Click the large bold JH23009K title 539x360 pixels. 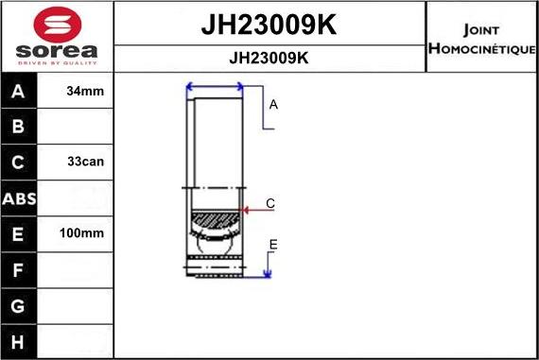(x=269, y=26)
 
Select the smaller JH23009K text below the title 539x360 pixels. (x=269, y=58)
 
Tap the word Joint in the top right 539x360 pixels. (x=482, y=27)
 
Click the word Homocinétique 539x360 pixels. (x=482, y=48)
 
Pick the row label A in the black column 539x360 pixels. (x=19, y=92)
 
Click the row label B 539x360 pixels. (x=19, y=127)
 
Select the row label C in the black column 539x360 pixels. (x=19, y=162)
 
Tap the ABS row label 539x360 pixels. (x=19, y=198)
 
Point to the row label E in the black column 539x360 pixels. (x=19, y=233)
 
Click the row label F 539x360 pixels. (x=19, y=269)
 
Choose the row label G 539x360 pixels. (x=19, y=305)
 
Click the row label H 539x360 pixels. (x=19, y=340)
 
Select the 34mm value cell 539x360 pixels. (x=86, y=92)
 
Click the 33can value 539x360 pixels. (x=86, y=162)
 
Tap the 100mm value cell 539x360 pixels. (x=86, y=233)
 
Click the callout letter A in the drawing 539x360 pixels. (x=273, y=105)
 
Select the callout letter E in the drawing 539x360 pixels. (x=273, y=245)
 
